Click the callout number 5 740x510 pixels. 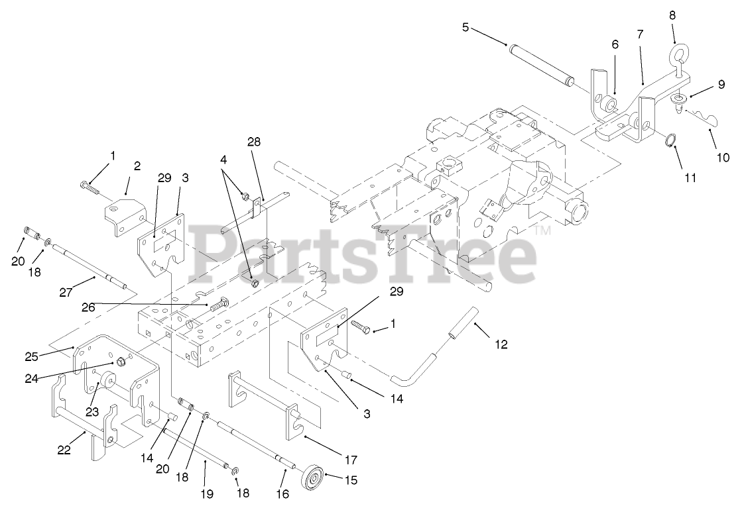tap(465, 27)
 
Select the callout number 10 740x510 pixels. tap(722, 157)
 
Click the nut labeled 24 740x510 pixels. tap(121, 362)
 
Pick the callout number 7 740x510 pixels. tap(640, 34)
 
